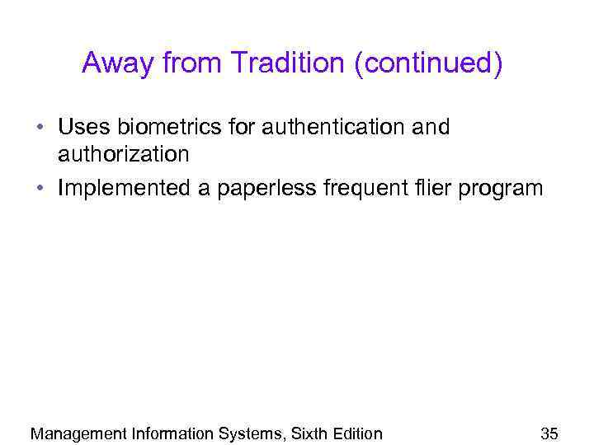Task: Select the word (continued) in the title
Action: tap(427, 64)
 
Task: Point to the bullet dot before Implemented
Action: tap(40, 190)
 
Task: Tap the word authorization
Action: tap(124, 154)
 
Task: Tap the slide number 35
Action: tap(549, 433)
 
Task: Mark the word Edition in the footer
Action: tap(358, 433)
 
